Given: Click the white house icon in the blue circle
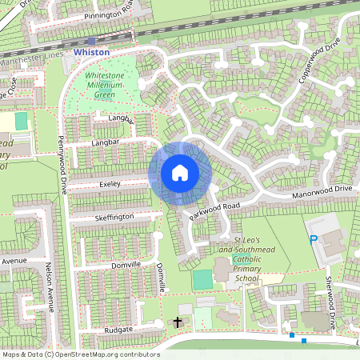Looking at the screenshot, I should pos(180,173).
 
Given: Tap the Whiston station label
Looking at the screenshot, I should pos(90,51).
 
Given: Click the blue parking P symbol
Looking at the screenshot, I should pos(314,239).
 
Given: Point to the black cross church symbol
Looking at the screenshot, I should pos(177,323).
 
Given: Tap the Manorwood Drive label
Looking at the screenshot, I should pos(322,190).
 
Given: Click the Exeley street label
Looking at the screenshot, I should pos(109,184).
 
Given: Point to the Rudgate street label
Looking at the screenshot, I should pos(118,329).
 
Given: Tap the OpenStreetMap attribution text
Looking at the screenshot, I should pos(80,354).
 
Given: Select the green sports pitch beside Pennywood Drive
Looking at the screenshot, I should pos(21,121).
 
